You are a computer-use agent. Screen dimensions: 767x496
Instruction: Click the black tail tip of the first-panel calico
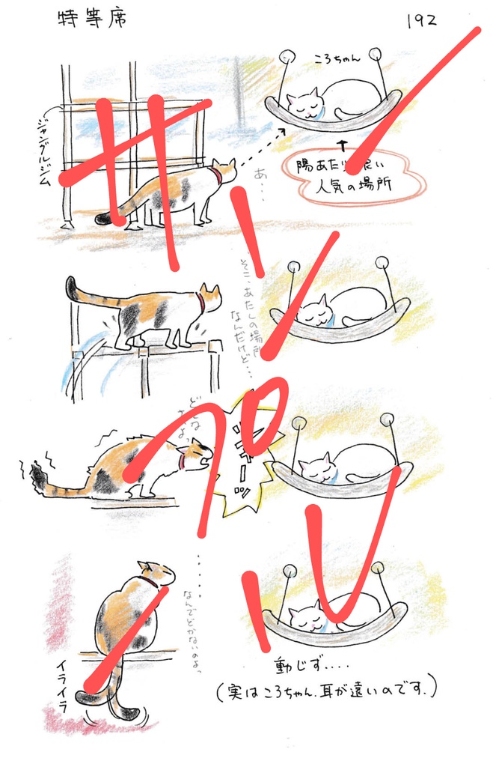pos(102,219)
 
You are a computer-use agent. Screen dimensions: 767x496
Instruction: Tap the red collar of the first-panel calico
pos(215,177)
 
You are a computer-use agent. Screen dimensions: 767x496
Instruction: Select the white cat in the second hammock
pos(340,307)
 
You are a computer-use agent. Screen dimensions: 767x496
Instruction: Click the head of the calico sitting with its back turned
pos(156,573)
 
